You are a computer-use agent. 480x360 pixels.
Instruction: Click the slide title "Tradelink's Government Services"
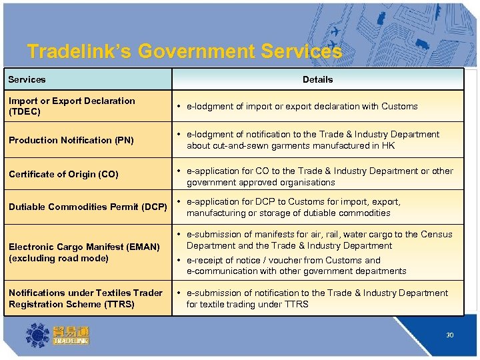tap(185, 51)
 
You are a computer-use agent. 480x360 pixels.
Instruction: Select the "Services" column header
tap(27, 79)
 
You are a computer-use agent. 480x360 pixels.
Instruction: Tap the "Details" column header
tap(317, 79)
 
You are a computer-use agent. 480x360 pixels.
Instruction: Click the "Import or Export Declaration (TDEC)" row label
tap(71, 106)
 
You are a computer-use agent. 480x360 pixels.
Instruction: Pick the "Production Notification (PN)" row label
tap(71, 140)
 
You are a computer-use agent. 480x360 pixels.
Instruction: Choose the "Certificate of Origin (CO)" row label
tap(63, 174)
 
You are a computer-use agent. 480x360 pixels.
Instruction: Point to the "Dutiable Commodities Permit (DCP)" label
tap(87, 207)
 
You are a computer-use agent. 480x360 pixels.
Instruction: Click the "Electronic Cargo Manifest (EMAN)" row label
tap(84, 247)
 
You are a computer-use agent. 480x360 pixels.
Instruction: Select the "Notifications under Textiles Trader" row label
tap(85, 293)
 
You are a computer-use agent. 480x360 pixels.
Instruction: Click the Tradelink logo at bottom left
tap(57, 335)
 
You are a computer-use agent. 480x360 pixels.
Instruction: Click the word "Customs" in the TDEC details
tap(401, 106)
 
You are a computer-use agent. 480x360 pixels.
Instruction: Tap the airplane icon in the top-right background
tap(335, 31)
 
